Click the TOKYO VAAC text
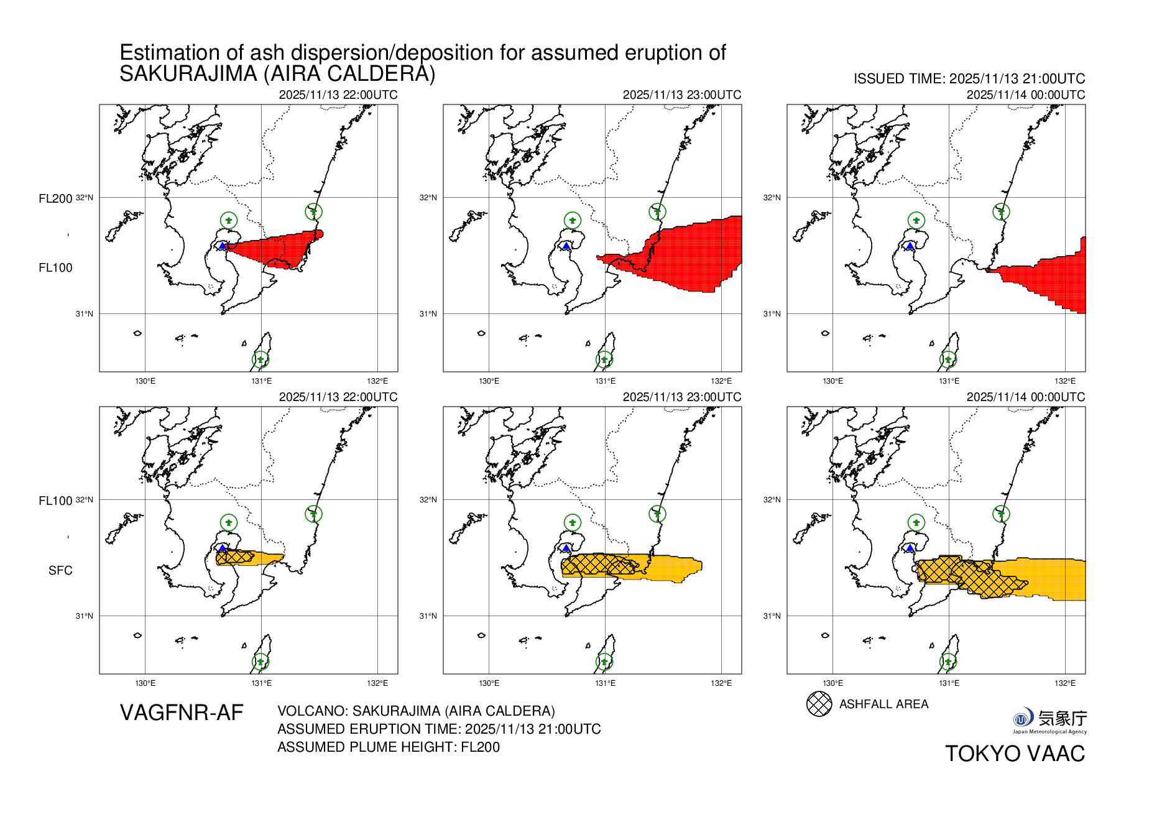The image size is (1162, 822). [x=1015, y=754]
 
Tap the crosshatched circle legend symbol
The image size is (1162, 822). [x=819, y=704]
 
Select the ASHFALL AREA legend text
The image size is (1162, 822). [x=883, y=704]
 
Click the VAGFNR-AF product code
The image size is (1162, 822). [x=182, y=713]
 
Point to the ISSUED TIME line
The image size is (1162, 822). [x=969, y=79]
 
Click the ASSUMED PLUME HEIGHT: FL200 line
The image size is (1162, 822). [x=389, y=747]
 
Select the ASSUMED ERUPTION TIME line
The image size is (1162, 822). [x=439, y=729]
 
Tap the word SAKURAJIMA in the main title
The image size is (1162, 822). [x=188, y=74]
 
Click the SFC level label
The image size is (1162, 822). [x=60, y=570]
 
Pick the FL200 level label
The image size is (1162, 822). [x=55, y=198]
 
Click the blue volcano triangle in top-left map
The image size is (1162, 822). [x=222, y=246]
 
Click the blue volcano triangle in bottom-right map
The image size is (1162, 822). [x=910, y=548]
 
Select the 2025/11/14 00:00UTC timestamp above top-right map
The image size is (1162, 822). [x=1025, y=95]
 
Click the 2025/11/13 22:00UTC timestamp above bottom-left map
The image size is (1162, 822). [x=338, y=397]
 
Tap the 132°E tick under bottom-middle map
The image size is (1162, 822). [x=721, y=683]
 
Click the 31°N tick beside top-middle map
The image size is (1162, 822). [x=428, y=314]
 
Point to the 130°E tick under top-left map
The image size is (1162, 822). [x=145, y=381]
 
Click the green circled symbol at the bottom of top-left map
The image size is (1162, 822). [x=261, y=359]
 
